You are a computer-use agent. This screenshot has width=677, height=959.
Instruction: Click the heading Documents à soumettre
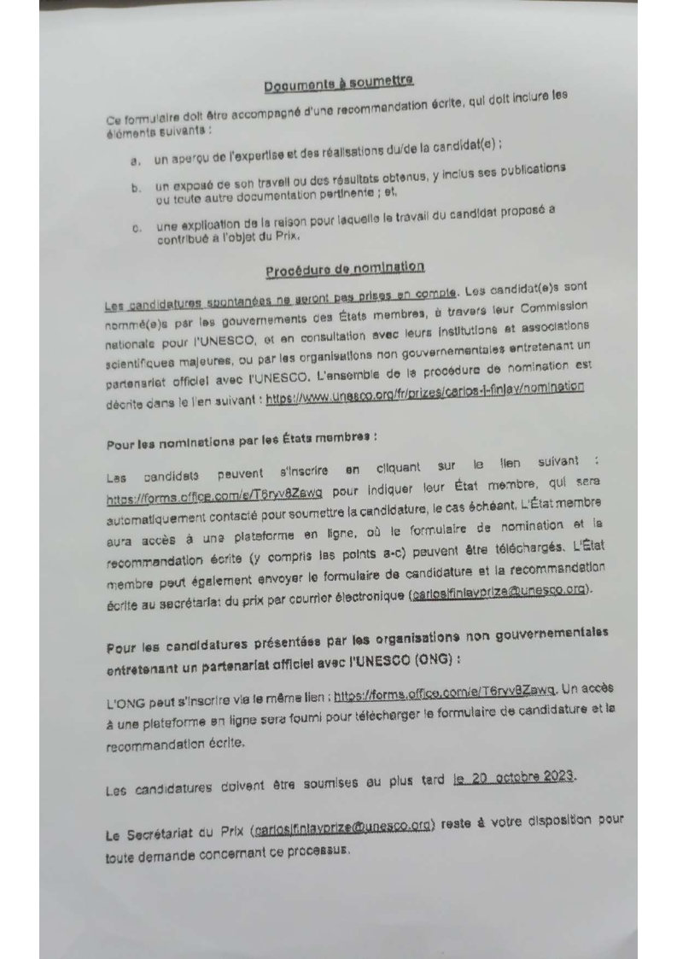point(339,83)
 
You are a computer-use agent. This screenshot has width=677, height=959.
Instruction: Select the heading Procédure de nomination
point(344,269)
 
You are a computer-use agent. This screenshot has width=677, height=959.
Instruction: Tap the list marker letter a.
point(135,160)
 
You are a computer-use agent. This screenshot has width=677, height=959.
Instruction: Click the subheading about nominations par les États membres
point(241,441)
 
